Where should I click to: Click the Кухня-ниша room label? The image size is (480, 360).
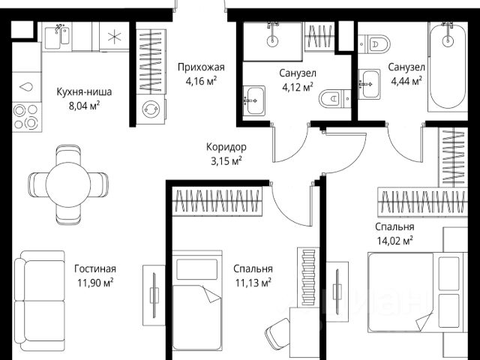coord(84,91)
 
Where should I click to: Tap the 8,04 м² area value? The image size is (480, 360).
coord(85,106)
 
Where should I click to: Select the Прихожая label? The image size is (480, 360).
coord(201,67)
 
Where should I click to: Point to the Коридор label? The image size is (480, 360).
coord(226,147)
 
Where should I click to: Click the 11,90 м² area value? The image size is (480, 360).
coord(95,282)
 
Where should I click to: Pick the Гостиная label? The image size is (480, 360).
coord(95,268)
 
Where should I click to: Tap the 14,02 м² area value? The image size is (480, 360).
coord(394,241)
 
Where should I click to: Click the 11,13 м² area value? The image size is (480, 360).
coord(253,282)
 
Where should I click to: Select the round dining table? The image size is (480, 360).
coord(68,184)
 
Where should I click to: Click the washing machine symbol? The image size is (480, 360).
coord(151,109)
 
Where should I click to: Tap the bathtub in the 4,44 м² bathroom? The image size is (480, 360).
coord(448,67)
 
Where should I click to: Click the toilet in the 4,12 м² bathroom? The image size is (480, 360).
coord(334,98)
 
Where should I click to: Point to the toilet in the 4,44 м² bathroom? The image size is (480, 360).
coord(374,44)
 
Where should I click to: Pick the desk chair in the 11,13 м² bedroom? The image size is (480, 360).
coord(277,332)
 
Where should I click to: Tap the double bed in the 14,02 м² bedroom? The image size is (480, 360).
coord(418,292)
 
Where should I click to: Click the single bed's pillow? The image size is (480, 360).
coord(197,269)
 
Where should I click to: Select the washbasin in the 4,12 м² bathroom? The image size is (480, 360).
coord(253,100)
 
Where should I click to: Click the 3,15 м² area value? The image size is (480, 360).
coord(226,160)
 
